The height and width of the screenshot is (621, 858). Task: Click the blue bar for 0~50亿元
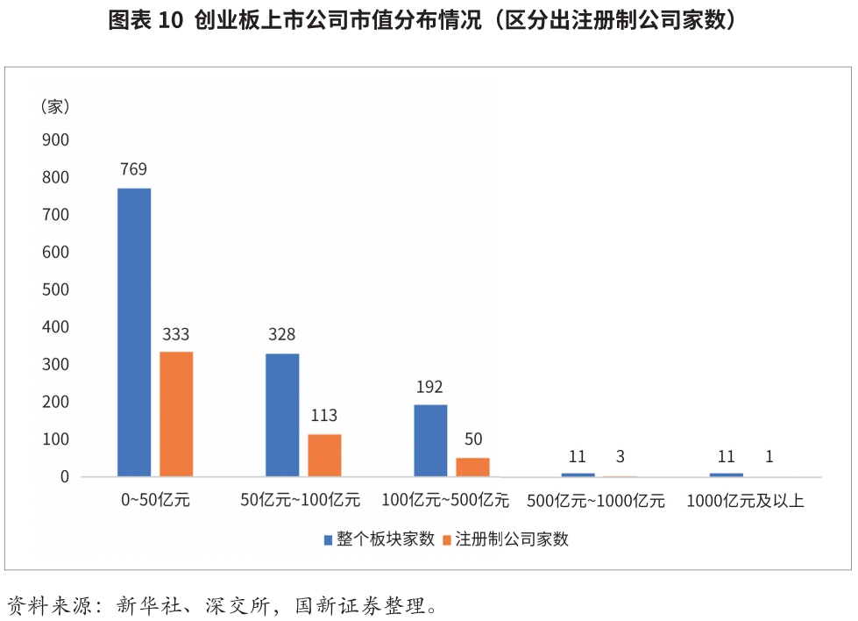pos(134,332)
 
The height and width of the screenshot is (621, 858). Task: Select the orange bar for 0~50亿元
pos(176,414)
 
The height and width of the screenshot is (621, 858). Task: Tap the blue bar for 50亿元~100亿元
pos(282,415)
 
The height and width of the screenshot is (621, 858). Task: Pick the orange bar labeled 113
pos(324,455)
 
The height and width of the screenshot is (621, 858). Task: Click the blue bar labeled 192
pos(430,440)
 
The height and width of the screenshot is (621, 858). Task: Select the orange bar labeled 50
pos(472,467)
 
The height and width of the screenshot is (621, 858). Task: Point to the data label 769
pos(133,169)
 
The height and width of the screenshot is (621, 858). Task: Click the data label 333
pos(175,334)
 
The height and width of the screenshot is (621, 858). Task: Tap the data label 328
pos(281,334)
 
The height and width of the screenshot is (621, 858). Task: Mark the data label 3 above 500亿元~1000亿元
pos(620,456)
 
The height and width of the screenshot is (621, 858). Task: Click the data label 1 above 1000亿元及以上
pos(769,456)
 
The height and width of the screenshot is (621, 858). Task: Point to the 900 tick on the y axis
pos(55,140)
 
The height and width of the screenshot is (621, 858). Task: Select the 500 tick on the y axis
pos(55,289)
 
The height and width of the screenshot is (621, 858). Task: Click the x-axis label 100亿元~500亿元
pos(445,502)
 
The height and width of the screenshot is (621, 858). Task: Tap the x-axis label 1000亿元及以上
pos(745,502)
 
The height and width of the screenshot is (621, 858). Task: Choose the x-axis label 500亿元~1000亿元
pos(596,502)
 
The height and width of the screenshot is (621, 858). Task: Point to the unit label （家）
pos(55,106)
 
